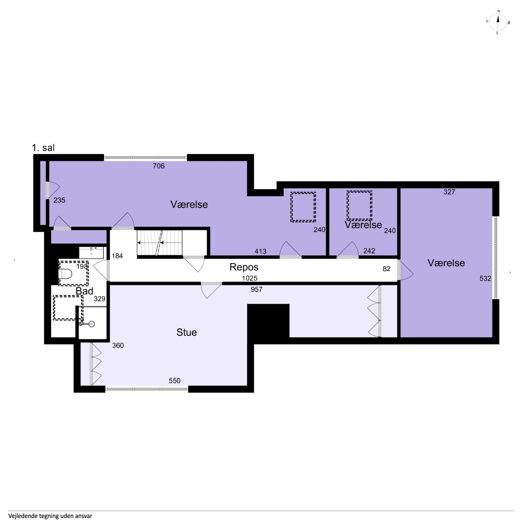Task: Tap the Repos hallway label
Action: [244, 267]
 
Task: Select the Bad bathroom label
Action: [84, 291]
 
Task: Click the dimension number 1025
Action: [250, 278]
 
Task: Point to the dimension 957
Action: [257, 290]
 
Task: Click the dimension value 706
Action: [159, 166]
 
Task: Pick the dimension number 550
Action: [175, 381]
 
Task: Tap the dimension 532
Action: [485, 279]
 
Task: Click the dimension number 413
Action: [260, 252]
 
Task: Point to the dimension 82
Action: [386, 269]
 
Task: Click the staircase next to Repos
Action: [159, 243]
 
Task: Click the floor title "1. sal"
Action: [43, 148]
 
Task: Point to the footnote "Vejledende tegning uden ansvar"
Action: [50, 516]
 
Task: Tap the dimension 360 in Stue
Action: [118, 345]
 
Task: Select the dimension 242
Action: [369, 251]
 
